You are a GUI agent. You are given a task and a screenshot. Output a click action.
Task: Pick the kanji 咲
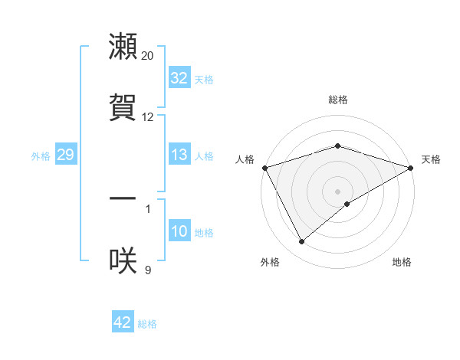tap(123, 260)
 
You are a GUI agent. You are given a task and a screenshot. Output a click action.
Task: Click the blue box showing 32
tap(179, 78)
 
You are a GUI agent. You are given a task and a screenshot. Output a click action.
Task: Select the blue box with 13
tap(179, 155)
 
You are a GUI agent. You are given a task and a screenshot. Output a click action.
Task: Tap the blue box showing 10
tap(179, 232)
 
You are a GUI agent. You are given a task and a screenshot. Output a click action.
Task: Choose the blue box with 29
tap(65, 155)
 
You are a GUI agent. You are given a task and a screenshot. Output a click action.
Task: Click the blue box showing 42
tap(123, 323)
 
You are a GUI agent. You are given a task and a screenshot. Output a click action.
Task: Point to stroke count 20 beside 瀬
tap(148, 56)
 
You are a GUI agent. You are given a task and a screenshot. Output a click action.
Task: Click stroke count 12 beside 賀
tap(148, 117)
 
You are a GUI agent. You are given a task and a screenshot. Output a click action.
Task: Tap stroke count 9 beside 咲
tap(148, 270)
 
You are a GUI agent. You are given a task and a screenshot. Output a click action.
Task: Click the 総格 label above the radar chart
tap(338, 100)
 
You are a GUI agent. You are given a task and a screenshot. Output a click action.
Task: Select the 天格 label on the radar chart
tap(431, 159)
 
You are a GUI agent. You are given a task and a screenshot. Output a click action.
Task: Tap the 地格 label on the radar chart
tap(402, 263)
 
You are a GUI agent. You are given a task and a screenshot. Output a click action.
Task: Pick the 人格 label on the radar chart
tap(245, 159)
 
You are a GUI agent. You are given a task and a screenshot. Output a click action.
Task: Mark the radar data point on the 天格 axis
tap(411, 167)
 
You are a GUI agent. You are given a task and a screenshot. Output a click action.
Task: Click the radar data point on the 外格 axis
tap(301, 242)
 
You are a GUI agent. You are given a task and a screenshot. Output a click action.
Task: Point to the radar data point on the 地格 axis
tap(347, 204)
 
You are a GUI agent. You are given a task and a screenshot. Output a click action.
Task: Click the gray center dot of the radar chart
tap(338, 191)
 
